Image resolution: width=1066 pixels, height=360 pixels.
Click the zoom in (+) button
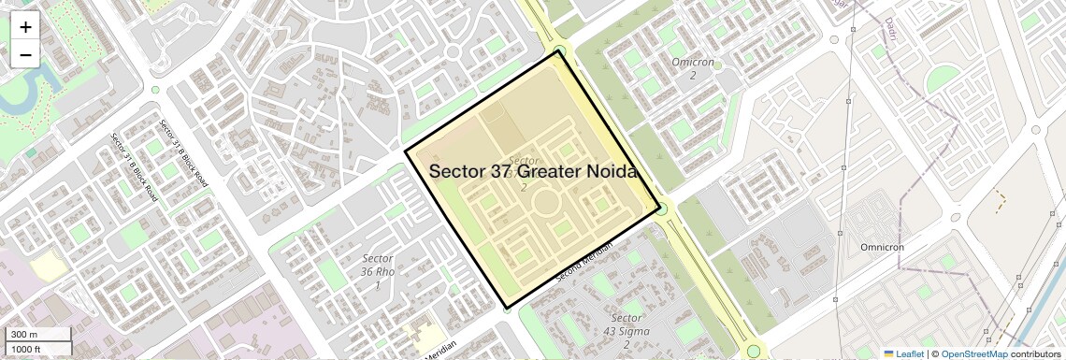25,26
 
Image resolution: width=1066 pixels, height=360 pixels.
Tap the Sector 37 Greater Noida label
533,172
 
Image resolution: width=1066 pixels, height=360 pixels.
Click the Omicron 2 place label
693,68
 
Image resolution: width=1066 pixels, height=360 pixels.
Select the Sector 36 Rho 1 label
377,271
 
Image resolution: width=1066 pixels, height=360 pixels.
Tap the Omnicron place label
882,247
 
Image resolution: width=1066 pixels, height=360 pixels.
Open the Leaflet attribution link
903,353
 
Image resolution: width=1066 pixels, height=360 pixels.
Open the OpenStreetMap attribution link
974,353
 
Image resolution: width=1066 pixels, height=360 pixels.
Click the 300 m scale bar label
24,335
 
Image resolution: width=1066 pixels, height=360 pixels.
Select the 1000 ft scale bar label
26,349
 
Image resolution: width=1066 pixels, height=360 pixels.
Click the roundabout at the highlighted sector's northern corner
559,50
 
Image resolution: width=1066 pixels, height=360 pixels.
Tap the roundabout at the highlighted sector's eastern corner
661,209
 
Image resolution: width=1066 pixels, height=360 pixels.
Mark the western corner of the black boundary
405,151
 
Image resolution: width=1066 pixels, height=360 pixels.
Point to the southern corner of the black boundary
506,308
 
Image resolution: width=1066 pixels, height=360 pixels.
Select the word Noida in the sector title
608,172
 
